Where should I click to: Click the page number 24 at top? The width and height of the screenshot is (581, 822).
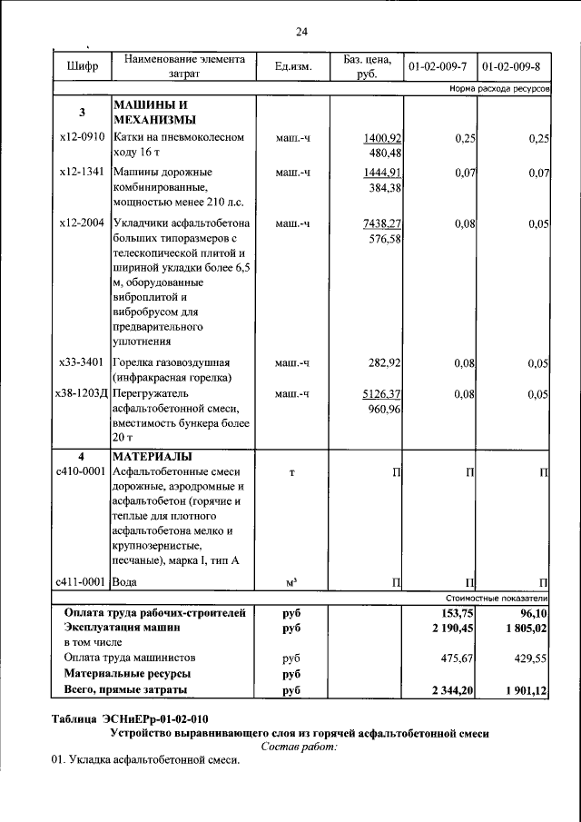302,32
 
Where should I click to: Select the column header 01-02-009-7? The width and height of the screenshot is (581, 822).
438,67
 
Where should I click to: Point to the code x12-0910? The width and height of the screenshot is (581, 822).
81,138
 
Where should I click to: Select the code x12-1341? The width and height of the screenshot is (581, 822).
81,172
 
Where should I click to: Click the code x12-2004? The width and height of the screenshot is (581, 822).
81,223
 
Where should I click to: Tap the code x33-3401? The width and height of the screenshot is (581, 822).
81,363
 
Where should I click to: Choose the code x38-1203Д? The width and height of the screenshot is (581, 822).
82,394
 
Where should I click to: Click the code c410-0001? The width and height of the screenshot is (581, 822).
82,471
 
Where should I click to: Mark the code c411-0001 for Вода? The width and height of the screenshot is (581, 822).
82,581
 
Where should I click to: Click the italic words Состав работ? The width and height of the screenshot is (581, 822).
299,746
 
